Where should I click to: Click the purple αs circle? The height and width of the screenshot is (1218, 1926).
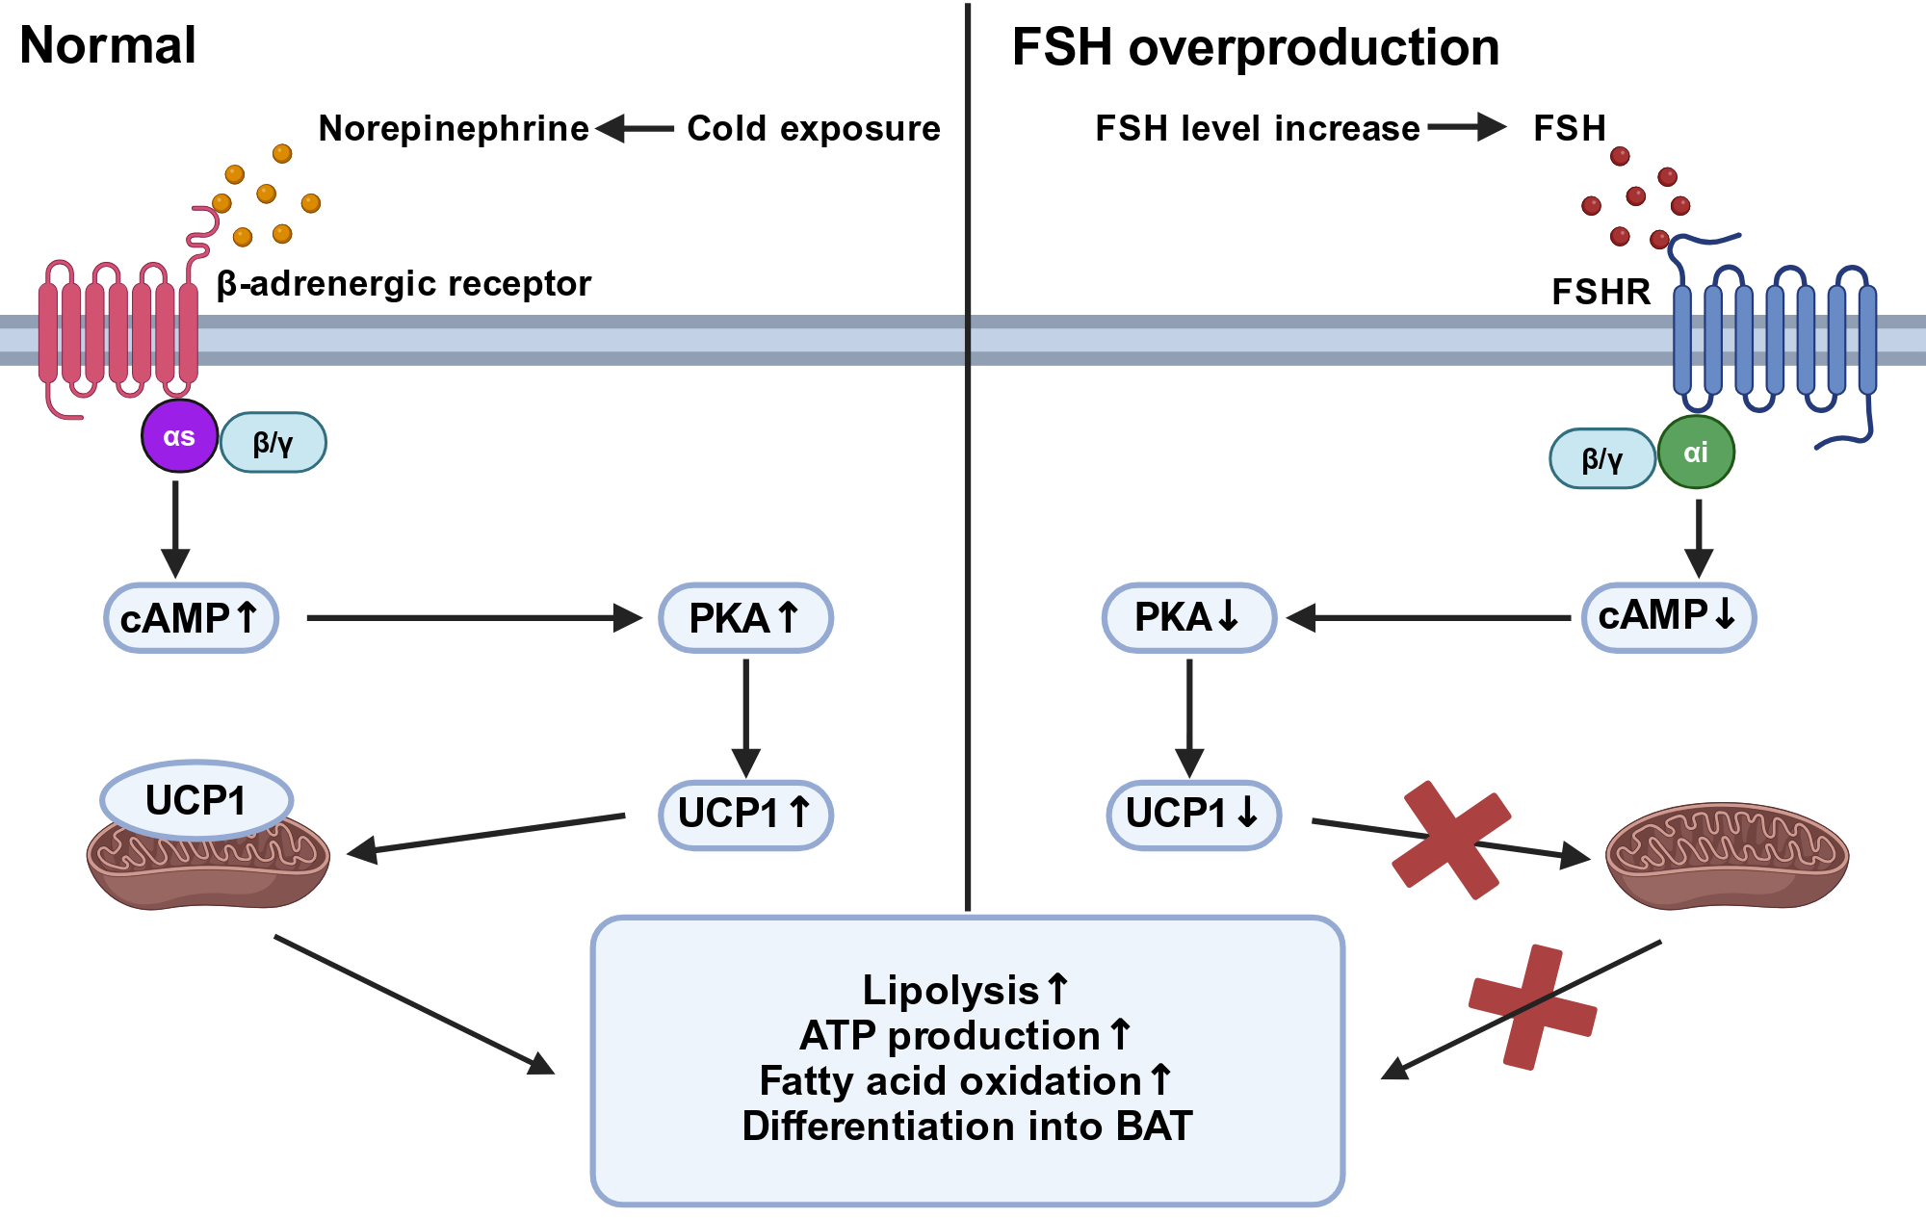179,436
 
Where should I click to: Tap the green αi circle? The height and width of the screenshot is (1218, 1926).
1696,452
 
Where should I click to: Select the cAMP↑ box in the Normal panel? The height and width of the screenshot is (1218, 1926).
191,617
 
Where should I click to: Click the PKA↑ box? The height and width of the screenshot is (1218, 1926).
745,617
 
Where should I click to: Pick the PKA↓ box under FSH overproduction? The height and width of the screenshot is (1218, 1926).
1188,617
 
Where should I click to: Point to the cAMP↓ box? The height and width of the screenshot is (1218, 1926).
1669,617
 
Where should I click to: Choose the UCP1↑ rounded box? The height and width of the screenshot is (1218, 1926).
745,815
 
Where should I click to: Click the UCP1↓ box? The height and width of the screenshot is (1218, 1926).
1193,815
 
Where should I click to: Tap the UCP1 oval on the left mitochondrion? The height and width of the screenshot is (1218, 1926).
196,800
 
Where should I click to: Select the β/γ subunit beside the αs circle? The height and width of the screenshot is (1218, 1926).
273,443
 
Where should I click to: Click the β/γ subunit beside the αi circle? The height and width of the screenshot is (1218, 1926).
1602,458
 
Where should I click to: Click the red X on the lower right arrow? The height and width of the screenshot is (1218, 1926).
1533,1007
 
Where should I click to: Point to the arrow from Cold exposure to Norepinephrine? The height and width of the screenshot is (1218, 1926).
635,128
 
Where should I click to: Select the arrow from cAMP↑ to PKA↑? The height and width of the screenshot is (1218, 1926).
475,617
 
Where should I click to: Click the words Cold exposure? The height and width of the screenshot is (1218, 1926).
814,128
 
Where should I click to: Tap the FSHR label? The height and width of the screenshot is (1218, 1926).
1601,291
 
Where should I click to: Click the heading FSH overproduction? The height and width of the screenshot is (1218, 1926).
1256,47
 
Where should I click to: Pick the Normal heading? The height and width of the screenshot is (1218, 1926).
108,44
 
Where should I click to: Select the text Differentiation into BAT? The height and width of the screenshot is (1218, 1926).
967,1126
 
